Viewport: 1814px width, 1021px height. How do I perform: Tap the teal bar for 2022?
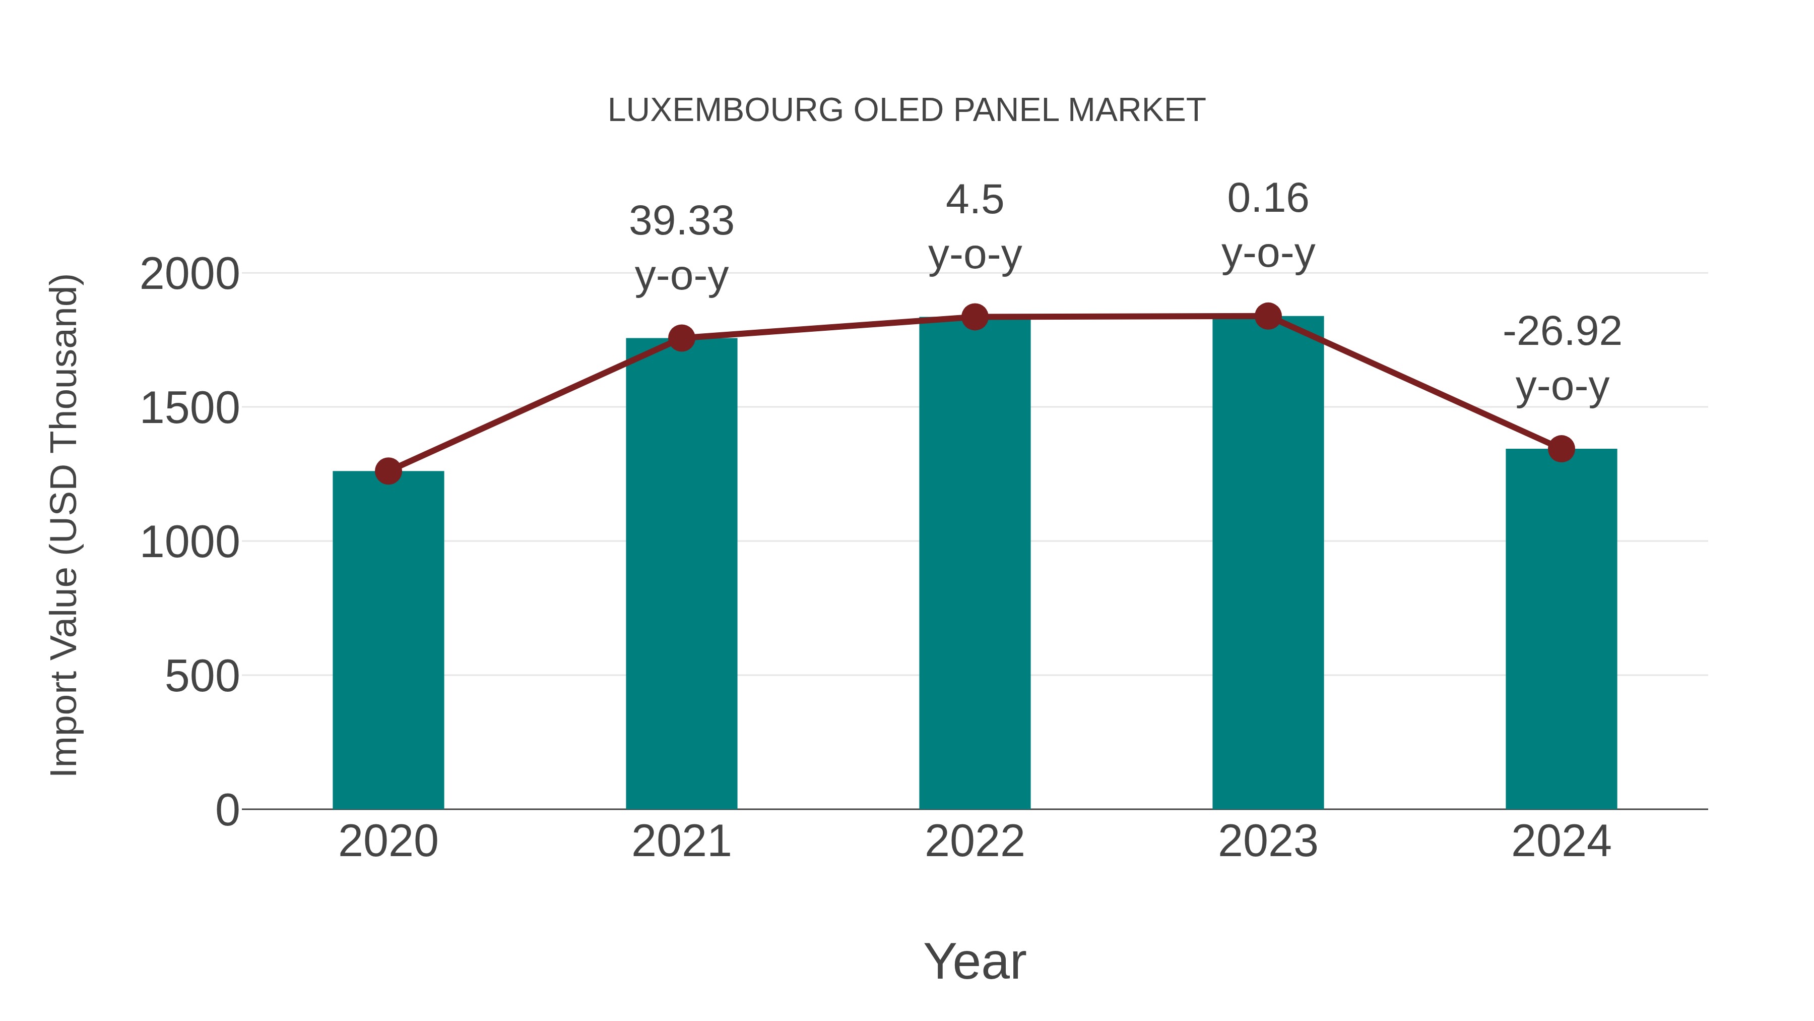pos(975,563)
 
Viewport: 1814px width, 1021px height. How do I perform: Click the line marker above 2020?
pos(388,471)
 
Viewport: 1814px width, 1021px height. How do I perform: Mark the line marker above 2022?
pos(975,317)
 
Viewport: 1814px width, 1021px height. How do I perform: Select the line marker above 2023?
pos(1268,316)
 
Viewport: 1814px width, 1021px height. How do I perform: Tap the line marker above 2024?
pos(1561,448)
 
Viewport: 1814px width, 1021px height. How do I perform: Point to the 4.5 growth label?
pos(975,200)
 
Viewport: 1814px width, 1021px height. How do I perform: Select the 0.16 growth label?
pos(1268,199)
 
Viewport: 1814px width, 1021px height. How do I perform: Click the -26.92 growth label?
pos(1561,332)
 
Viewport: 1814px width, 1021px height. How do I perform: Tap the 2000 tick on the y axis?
pos(189,274)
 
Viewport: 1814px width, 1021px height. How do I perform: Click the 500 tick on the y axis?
pos(202,677)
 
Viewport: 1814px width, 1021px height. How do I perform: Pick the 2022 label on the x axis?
pos(975,842)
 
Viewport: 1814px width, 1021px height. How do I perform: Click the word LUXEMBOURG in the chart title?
pos(725,110)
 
